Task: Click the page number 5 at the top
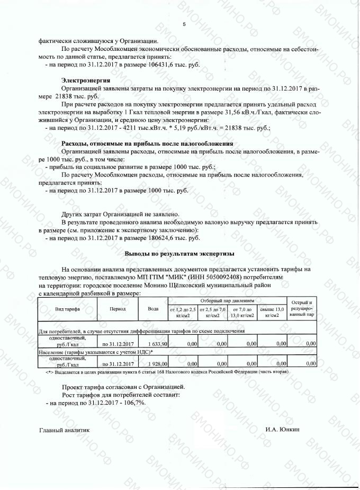point(184,25)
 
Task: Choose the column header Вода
point(152,309)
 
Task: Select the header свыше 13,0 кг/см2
point(272,312)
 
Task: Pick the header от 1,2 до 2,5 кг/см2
point(183,312)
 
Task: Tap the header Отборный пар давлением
point(227,300)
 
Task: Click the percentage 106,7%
point(135,403)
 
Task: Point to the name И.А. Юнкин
point(283,430)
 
